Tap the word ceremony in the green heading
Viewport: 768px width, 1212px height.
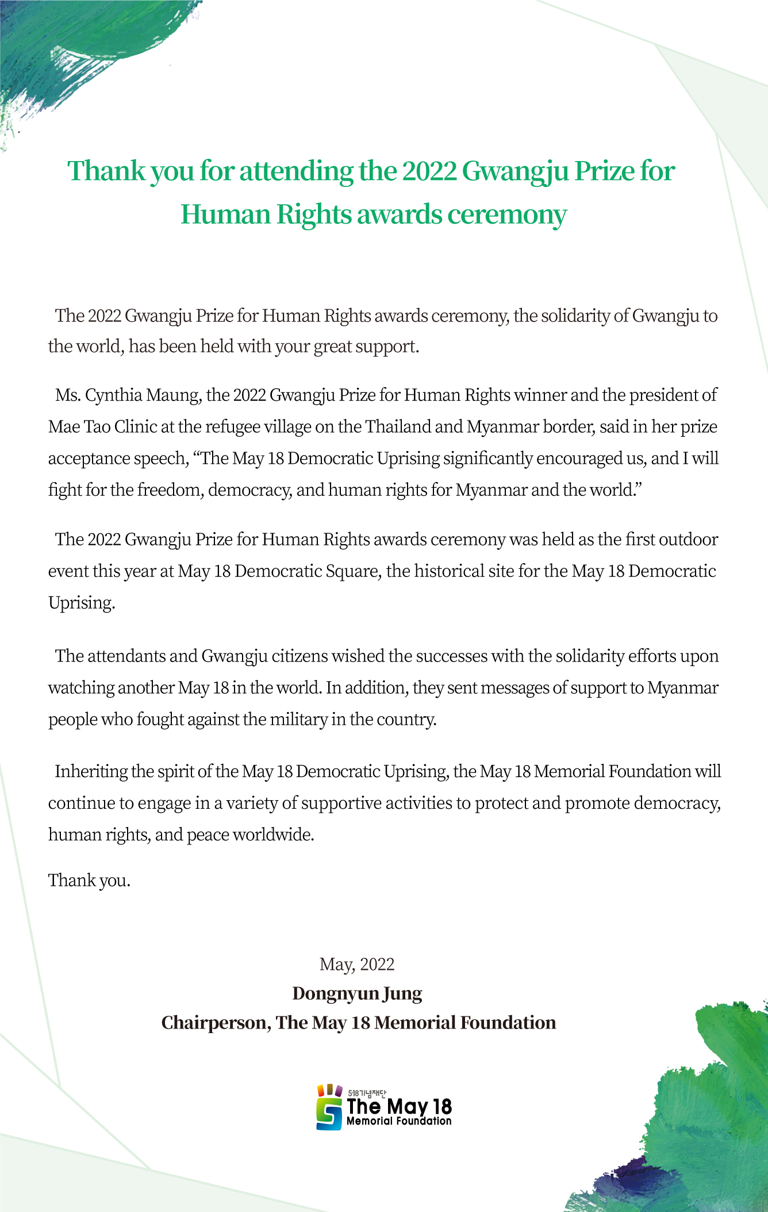click(506, 215)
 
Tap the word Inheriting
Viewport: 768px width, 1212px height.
click(91, 771)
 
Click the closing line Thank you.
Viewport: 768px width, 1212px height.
click(89, 881)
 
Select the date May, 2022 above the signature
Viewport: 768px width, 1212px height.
click(357, 965)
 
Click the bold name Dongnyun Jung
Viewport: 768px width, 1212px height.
click(357, 993)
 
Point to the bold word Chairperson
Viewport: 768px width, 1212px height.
click(214, 1023)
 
